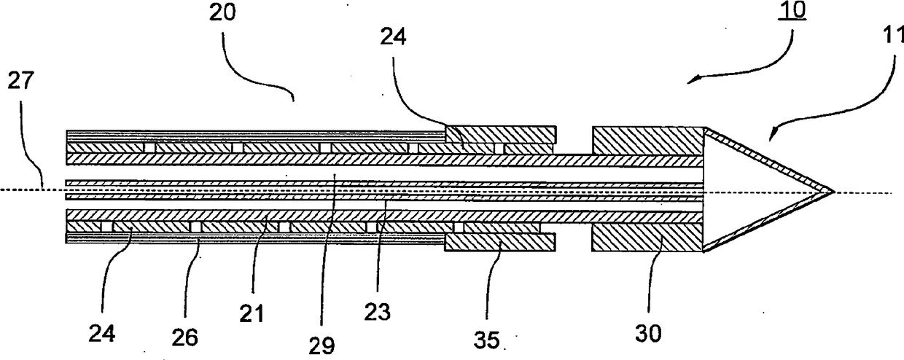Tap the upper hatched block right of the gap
point(647,141)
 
